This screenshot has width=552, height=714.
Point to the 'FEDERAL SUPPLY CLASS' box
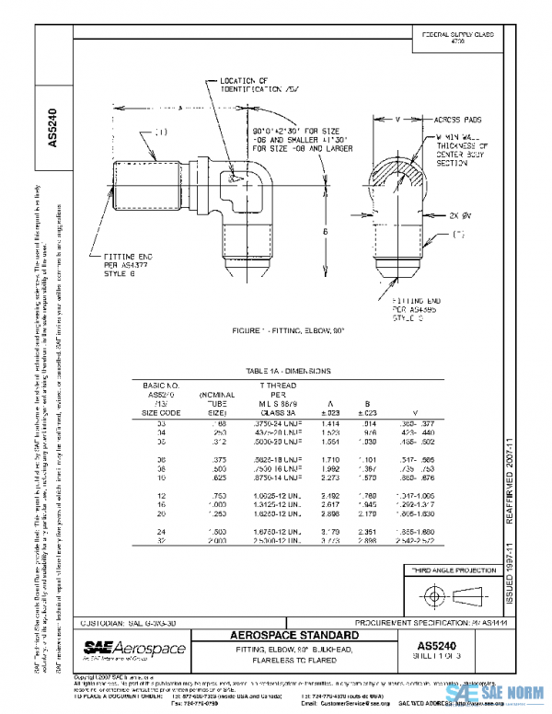[x=457, y=37]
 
